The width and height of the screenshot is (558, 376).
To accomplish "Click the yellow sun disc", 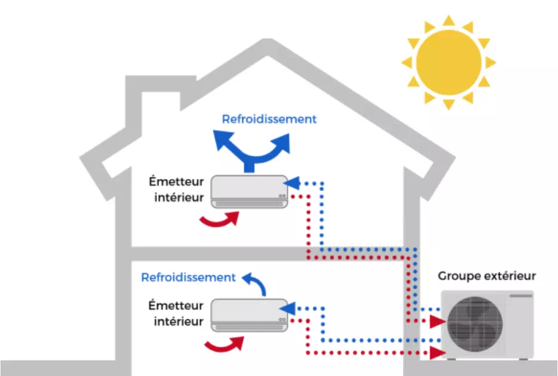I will (x=448, y=62).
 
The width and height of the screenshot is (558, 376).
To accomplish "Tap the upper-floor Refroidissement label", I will (x=269, y=119).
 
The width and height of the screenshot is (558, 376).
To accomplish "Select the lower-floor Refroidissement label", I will (x=188, y=278).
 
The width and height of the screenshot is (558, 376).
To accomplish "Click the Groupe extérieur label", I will (x=487, y=276).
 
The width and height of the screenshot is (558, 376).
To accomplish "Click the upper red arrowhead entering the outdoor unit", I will (x=438, y=321).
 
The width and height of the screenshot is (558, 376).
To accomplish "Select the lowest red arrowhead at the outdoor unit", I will (x=438, y=353).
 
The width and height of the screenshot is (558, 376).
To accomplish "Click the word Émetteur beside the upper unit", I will (x=178, y=181).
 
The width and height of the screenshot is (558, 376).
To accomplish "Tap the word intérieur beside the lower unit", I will (x=178, y=322).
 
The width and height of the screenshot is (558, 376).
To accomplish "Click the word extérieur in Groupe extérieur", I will (x=508, y=276).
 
